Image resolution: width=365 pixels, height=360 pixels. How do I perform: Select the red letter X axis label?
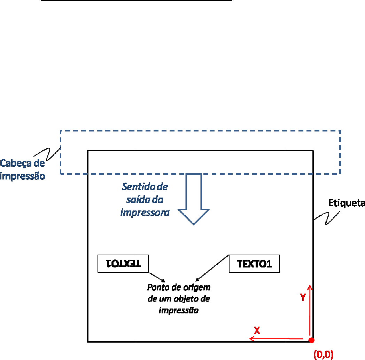(x=257, y=330)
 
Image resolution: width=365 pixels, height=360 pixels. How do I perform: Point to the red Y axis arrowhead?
(x=310, y=287)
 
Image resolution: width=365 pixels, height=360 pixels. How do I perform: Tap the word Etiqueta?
(x=347, y=203)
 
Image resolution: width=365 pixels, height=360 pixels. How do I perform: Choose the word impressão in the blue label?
(x=23, y=176)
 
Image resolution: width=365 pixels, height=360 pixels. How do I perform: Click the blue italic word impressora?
(x=145, y=212)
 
